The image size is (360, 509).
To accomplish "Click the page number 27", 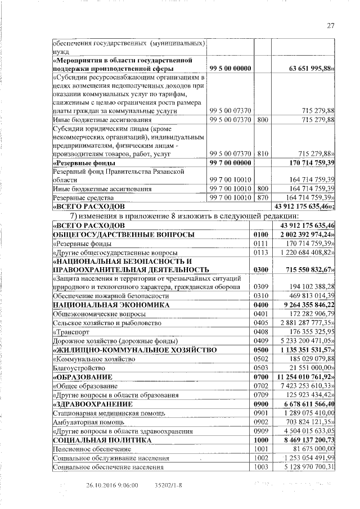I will click(331, 25).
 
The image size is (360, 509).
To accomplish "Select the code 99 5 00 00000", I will click(230, 68).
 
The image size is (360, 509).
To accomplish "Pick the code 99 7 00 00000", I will click(230, 163).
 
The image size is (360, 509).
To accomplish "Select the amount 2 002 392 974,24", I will click(307, 234).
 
